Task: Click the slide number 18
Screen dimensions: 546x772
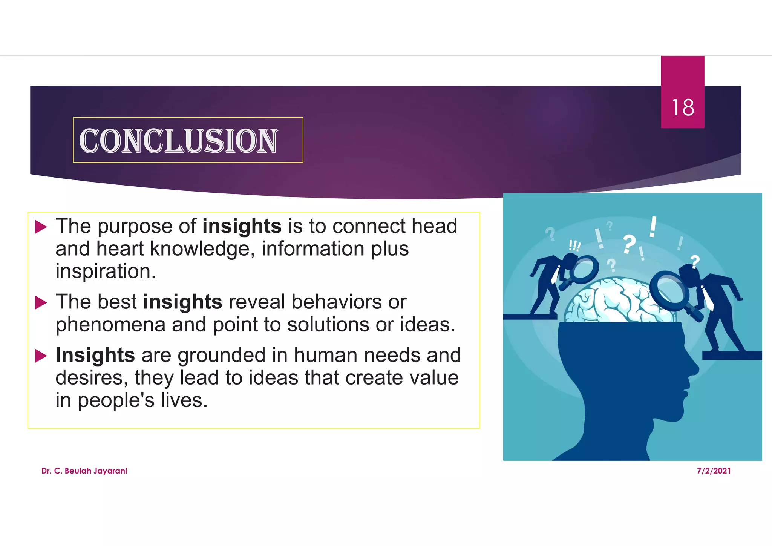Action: coord(683,108)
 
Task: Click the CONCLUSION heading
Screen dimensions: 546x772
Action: coord(178,141)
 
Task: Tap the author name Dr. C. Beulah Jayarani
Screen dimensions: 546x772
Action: coord(84,471)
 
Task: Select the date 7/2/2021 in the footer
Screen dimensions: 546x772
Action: coord(714,471)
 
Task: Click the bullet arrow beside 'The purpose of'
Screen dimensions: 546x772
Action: coord(41,227)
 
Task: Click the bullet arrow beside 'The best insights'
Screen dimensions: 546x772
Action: coord(41,302)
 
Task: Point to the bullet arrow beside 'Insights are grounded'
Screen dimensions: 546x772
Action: coord(41,356)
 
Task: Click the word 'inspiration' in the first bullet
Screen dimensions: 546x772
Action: coord(105,271)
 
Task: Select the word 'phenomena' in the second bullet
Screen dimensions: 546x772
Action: coord(110,325)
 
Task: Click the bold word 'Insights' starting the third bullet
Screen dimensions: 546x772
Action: coord(95,355)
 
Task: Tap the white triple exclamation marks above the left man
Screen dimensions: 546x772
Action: coord(574,246)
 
